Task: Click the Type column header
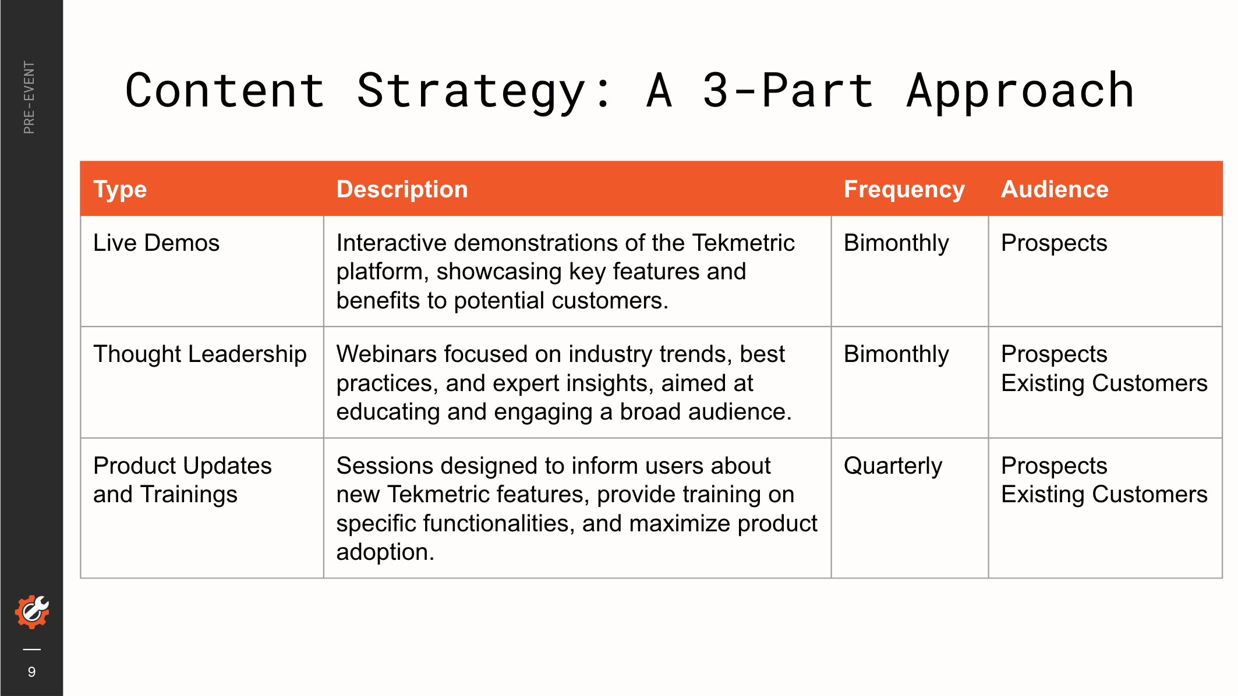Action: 120,190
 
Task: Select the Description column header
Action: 402,189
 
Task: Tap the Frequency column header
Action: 904,190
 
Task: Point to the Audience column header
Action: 1055,189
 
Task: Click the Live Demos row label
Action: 156,243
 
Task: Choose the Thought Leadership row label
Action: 200,354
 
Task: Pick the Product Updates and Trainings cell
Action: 182,480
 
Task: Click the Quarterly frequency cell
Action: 893,466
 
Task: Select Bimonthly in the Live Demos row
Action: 896,243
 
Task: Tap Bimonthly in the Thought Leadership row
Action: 896,354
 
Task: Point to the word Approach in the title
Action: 1020,91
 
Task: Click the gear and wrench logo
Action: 32,612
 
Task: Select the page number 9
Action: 31,672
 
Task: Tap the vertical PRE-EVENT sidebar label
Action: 29,97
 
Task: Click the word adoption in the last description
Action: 385,552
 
